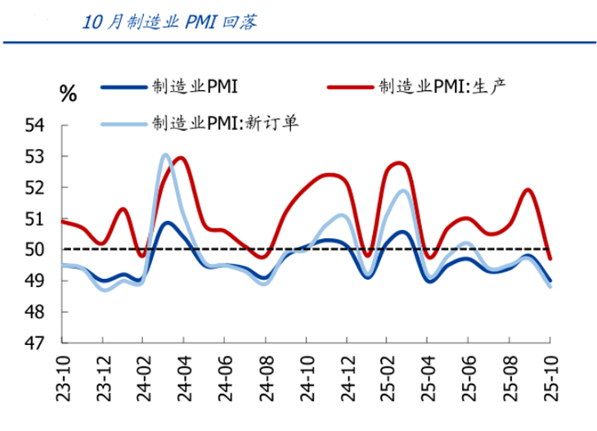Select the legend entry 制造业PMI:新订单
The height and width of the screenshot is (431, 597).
click(x=226, y=123)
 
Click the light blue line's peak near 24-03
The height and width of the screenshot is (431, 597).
click(x=165, y=155)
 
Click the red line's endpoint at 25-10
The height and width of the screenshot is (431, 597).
click(x=550, y=258)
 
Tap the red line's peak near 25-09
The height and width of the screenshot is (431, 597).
click(x=528, y=190)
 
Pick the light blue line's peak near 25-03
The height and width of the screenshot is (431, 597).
click(x=404, y=191)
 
